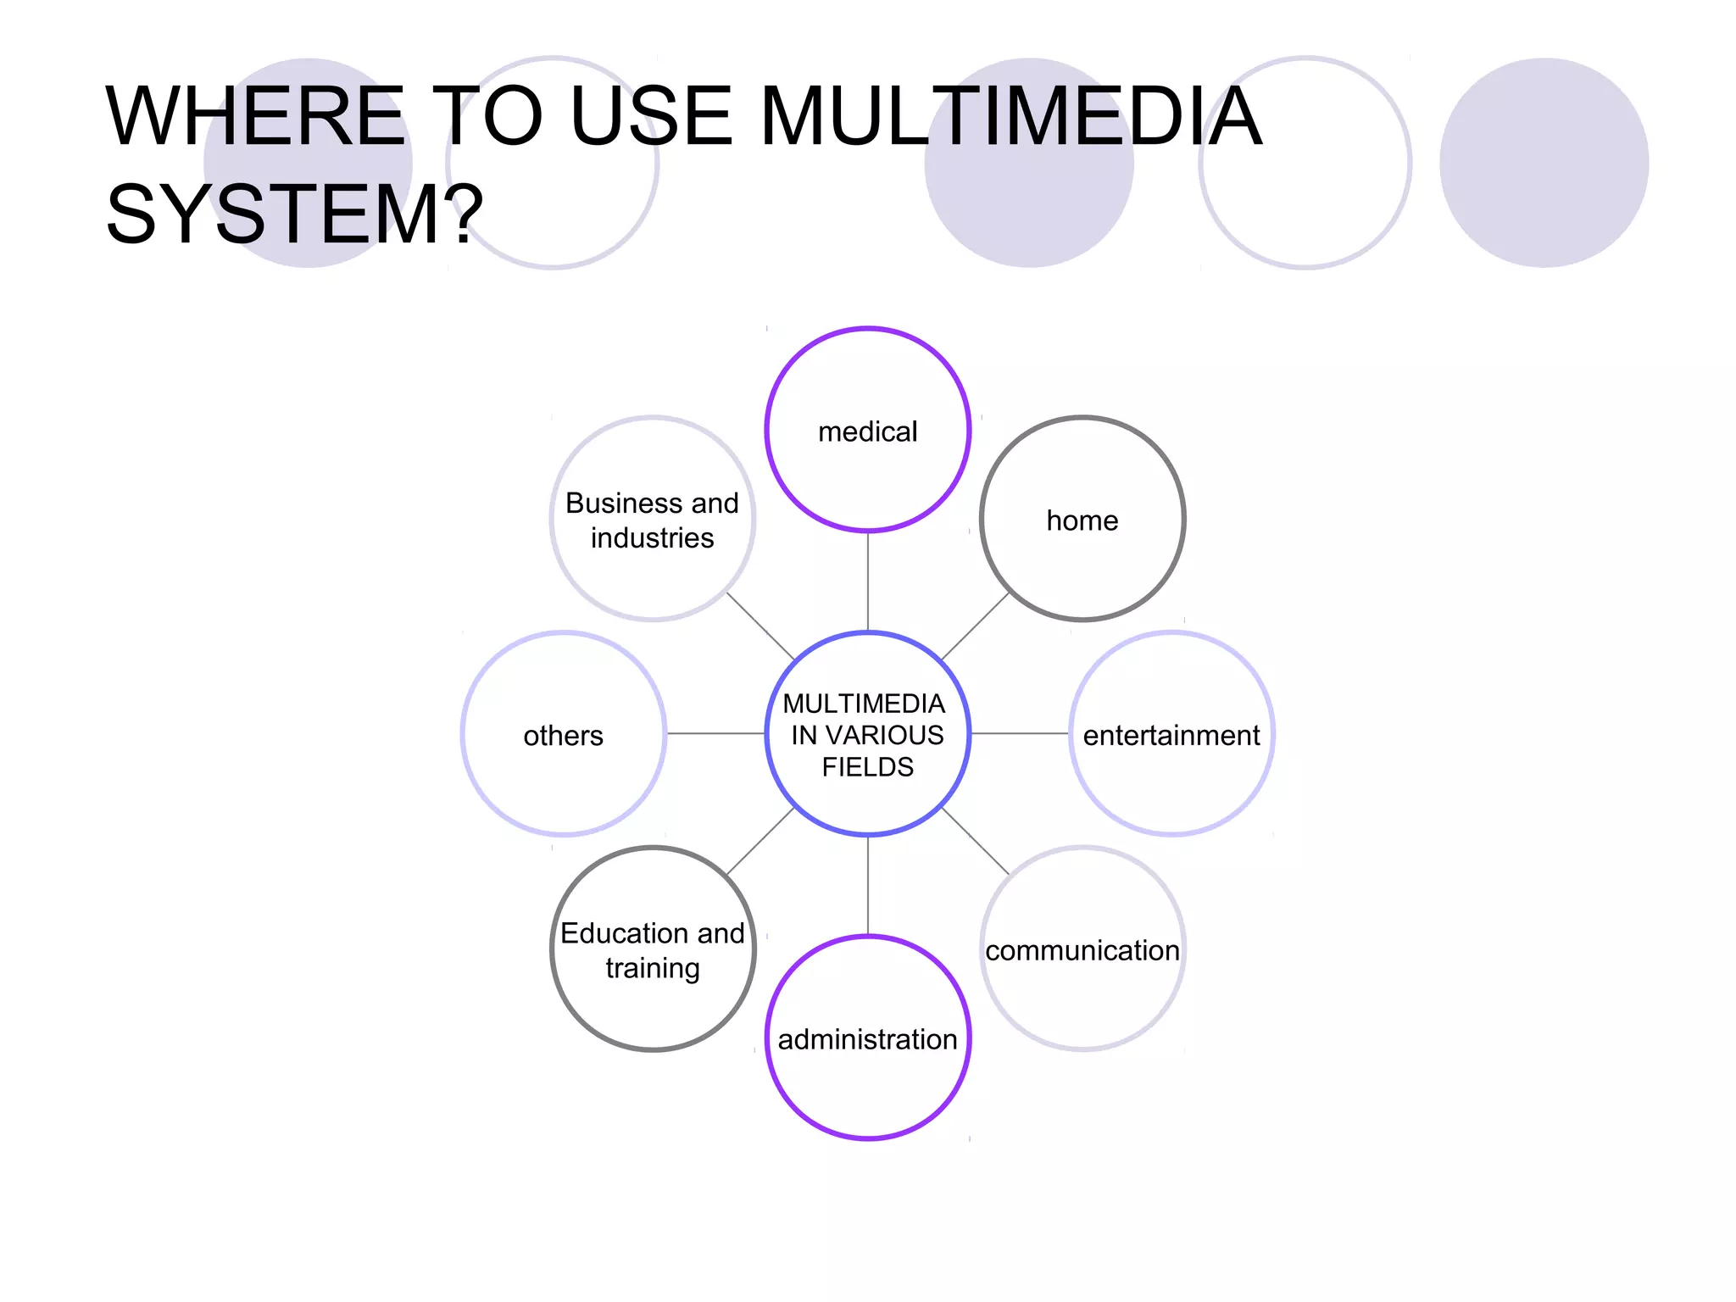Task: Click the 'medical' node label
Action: (867, 432)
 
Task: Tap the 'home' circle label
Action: (1082, 520)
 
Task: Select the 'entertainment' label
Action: (1171, 736)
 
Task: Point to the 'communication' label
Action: (1082, 951)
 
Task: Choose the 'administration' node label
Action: (867, 1040)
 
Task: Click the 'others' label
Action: (563, 736)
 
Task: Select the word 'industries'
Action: (652, 538)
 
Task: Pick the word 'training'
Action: (652, 968)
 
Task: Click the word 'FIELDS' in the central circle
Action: (867, 767)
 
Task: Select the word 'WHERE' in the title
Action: (254, 116)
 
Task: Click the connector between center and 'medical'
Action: (867, 581)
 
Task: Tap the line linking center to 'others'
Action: (715, 733)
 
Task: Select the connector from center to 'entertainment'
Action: (1020, 733)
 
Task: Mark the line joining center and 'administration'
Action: (867, 885)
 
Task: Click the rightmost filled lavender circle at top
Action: (1544, 163)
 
